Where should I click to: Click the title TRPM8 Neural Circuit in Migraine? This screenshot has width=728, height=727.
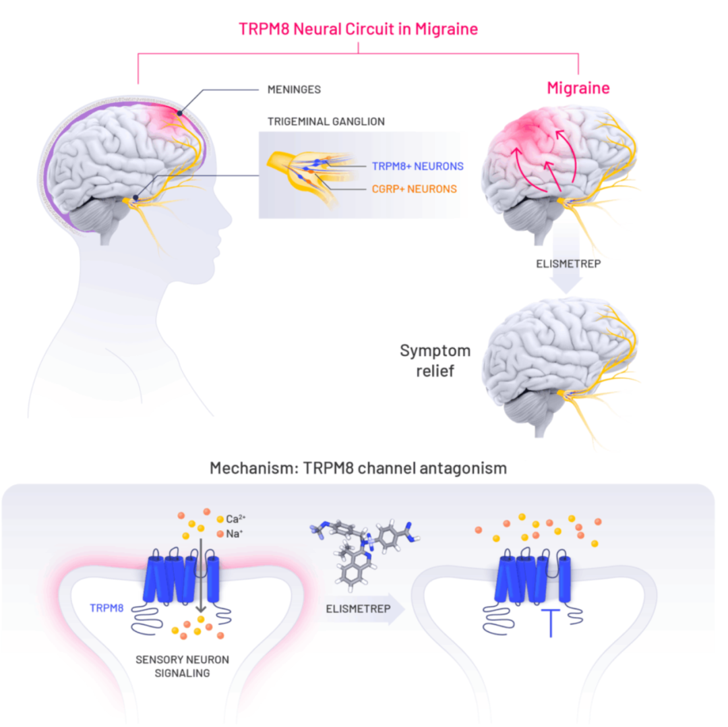359,29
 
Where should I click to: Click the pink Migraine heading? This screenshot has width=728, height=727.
578,88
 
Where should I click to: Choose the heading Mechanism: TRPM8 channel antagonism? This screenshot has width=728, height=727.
358,467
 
